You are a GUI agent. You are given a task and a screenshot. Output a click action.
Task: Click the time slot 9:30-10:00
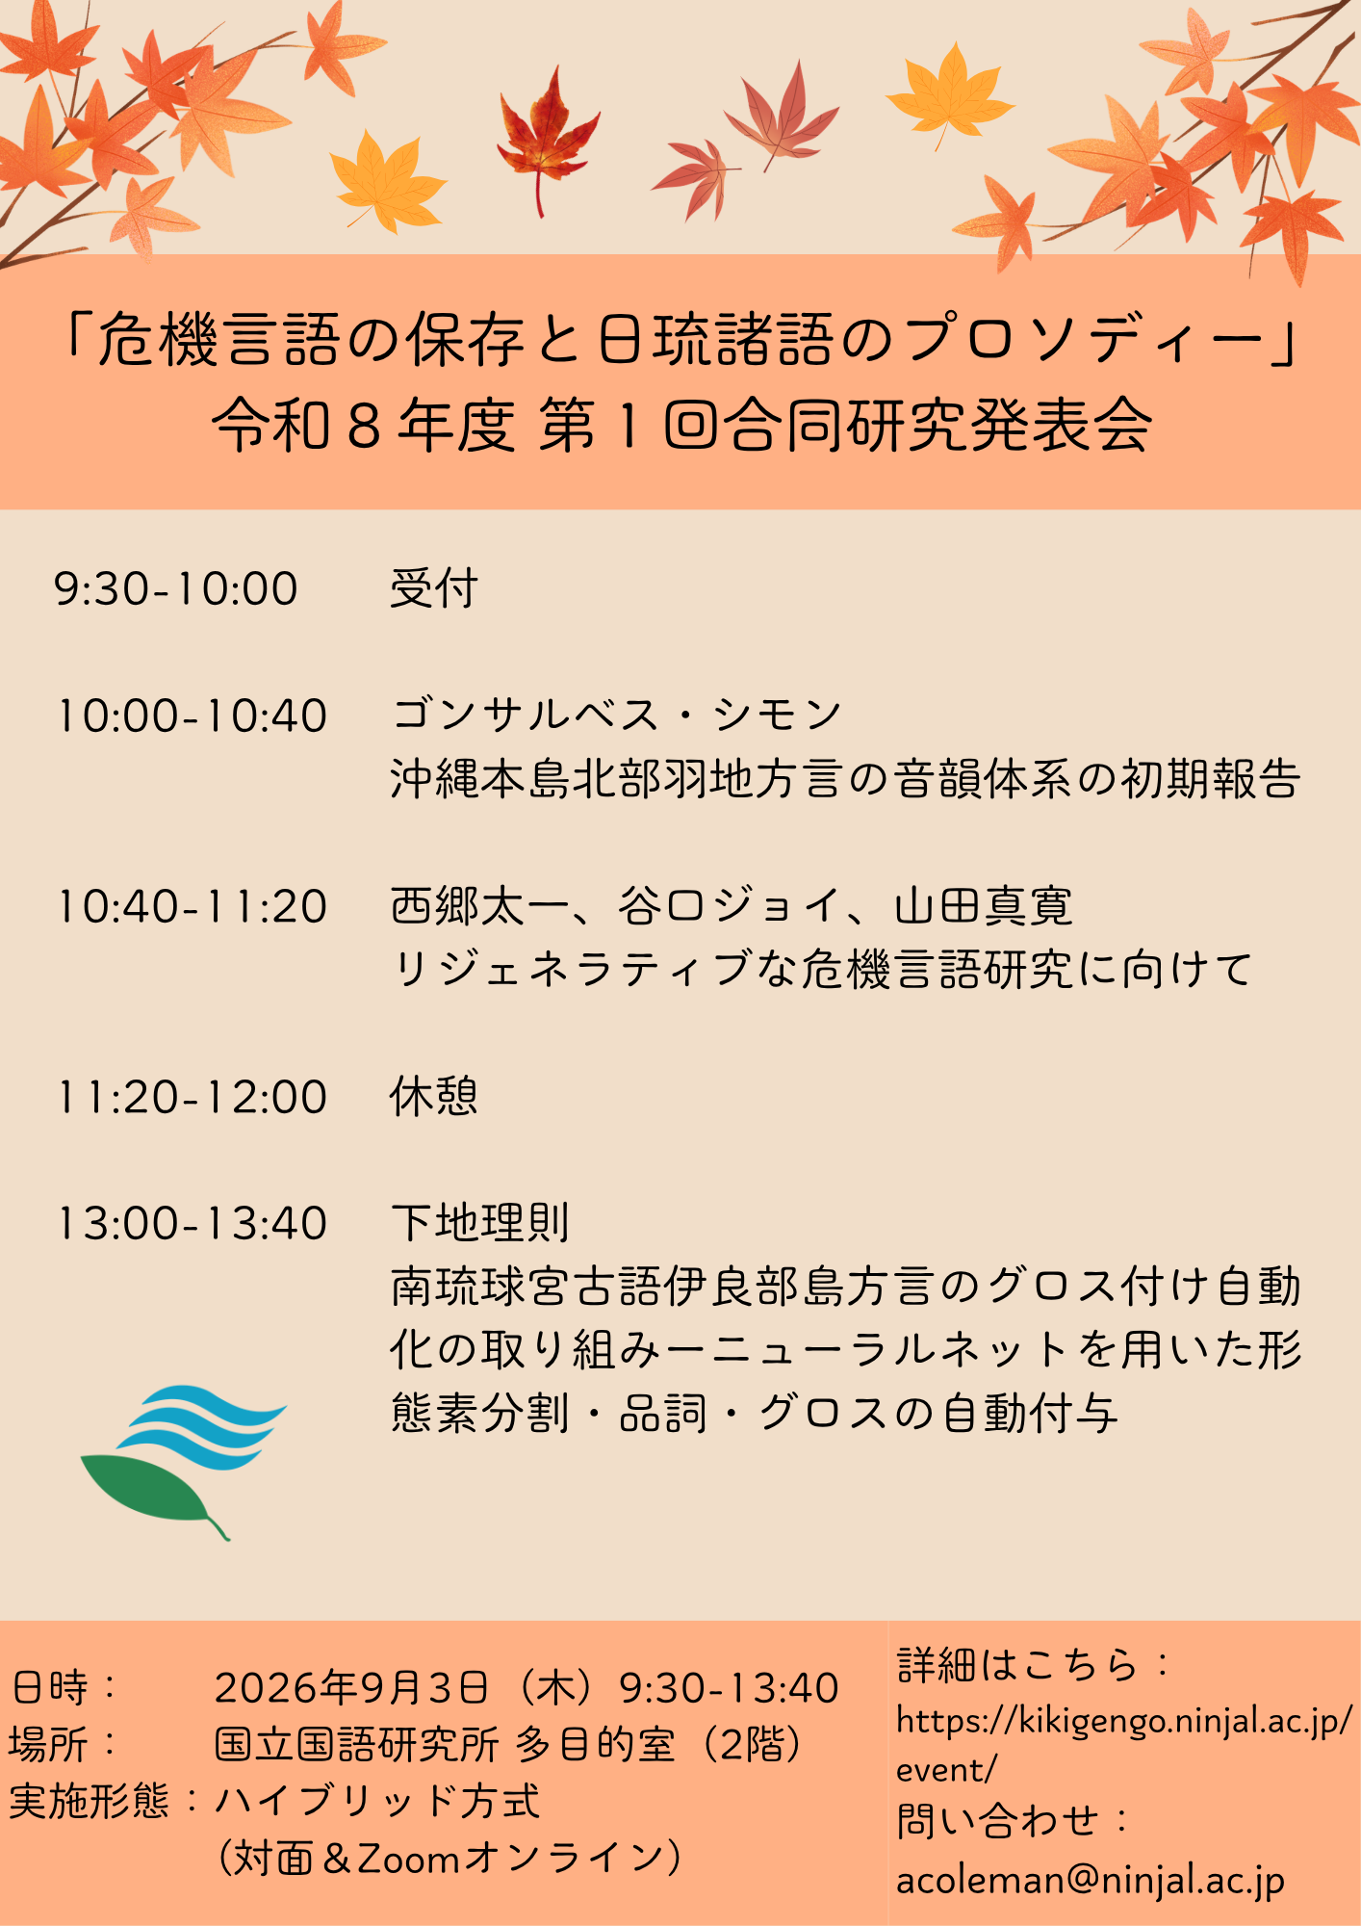pyautogui.click(x=176, y=588)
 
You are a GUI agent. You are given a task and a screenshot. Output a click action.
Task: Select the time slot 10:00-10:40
pyautogui.click(x=192, y=716)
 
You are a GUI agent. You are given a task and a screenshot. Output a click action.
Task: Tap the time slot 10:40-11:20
pyautogui.click(x=192, y=906)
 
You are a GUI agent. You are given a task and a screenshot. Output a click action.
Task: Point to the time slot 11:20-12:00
pyautogui.click(x=192, y=1097)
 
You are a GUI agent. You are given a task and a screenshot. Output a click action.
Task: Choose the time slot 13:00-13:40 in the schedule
pyautogui.click(x=192, y=1223)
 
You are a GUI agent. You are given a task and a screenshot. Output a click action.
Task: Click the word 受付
pyautogui.click(x=434, y=587)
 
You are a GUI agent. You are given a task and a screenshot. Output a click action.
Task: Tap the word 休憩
pyautogui.click(x=434, y=1096)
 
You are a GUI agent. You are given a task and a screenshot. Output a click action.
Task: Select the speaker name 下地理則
pyautogui.click(x=480, y=1223)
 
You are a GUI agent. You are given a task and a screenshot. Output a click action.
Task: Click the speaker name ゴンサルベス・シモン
pyautogui.click(x=617, y=715)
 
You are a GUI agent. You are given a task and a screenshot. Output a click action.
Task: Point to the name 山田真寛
pyautogui.click(x=983, y=906)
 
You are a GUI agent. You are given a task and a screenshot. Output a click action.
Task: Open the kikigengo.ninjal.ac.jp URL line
pyautogui.click(x=1124, y=1720)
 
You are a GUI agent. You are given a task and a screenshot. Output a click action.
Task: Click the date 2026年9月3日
pyautogui.click(x=351, y=1688)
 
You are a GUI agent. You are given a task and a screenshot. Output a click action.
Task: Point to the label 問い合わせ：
pyautogui.click(x=1014, y=1821)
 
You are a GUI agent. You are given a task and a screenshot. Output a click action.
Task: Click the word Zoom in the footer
pyautogui.click(x=409, y=1859)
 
